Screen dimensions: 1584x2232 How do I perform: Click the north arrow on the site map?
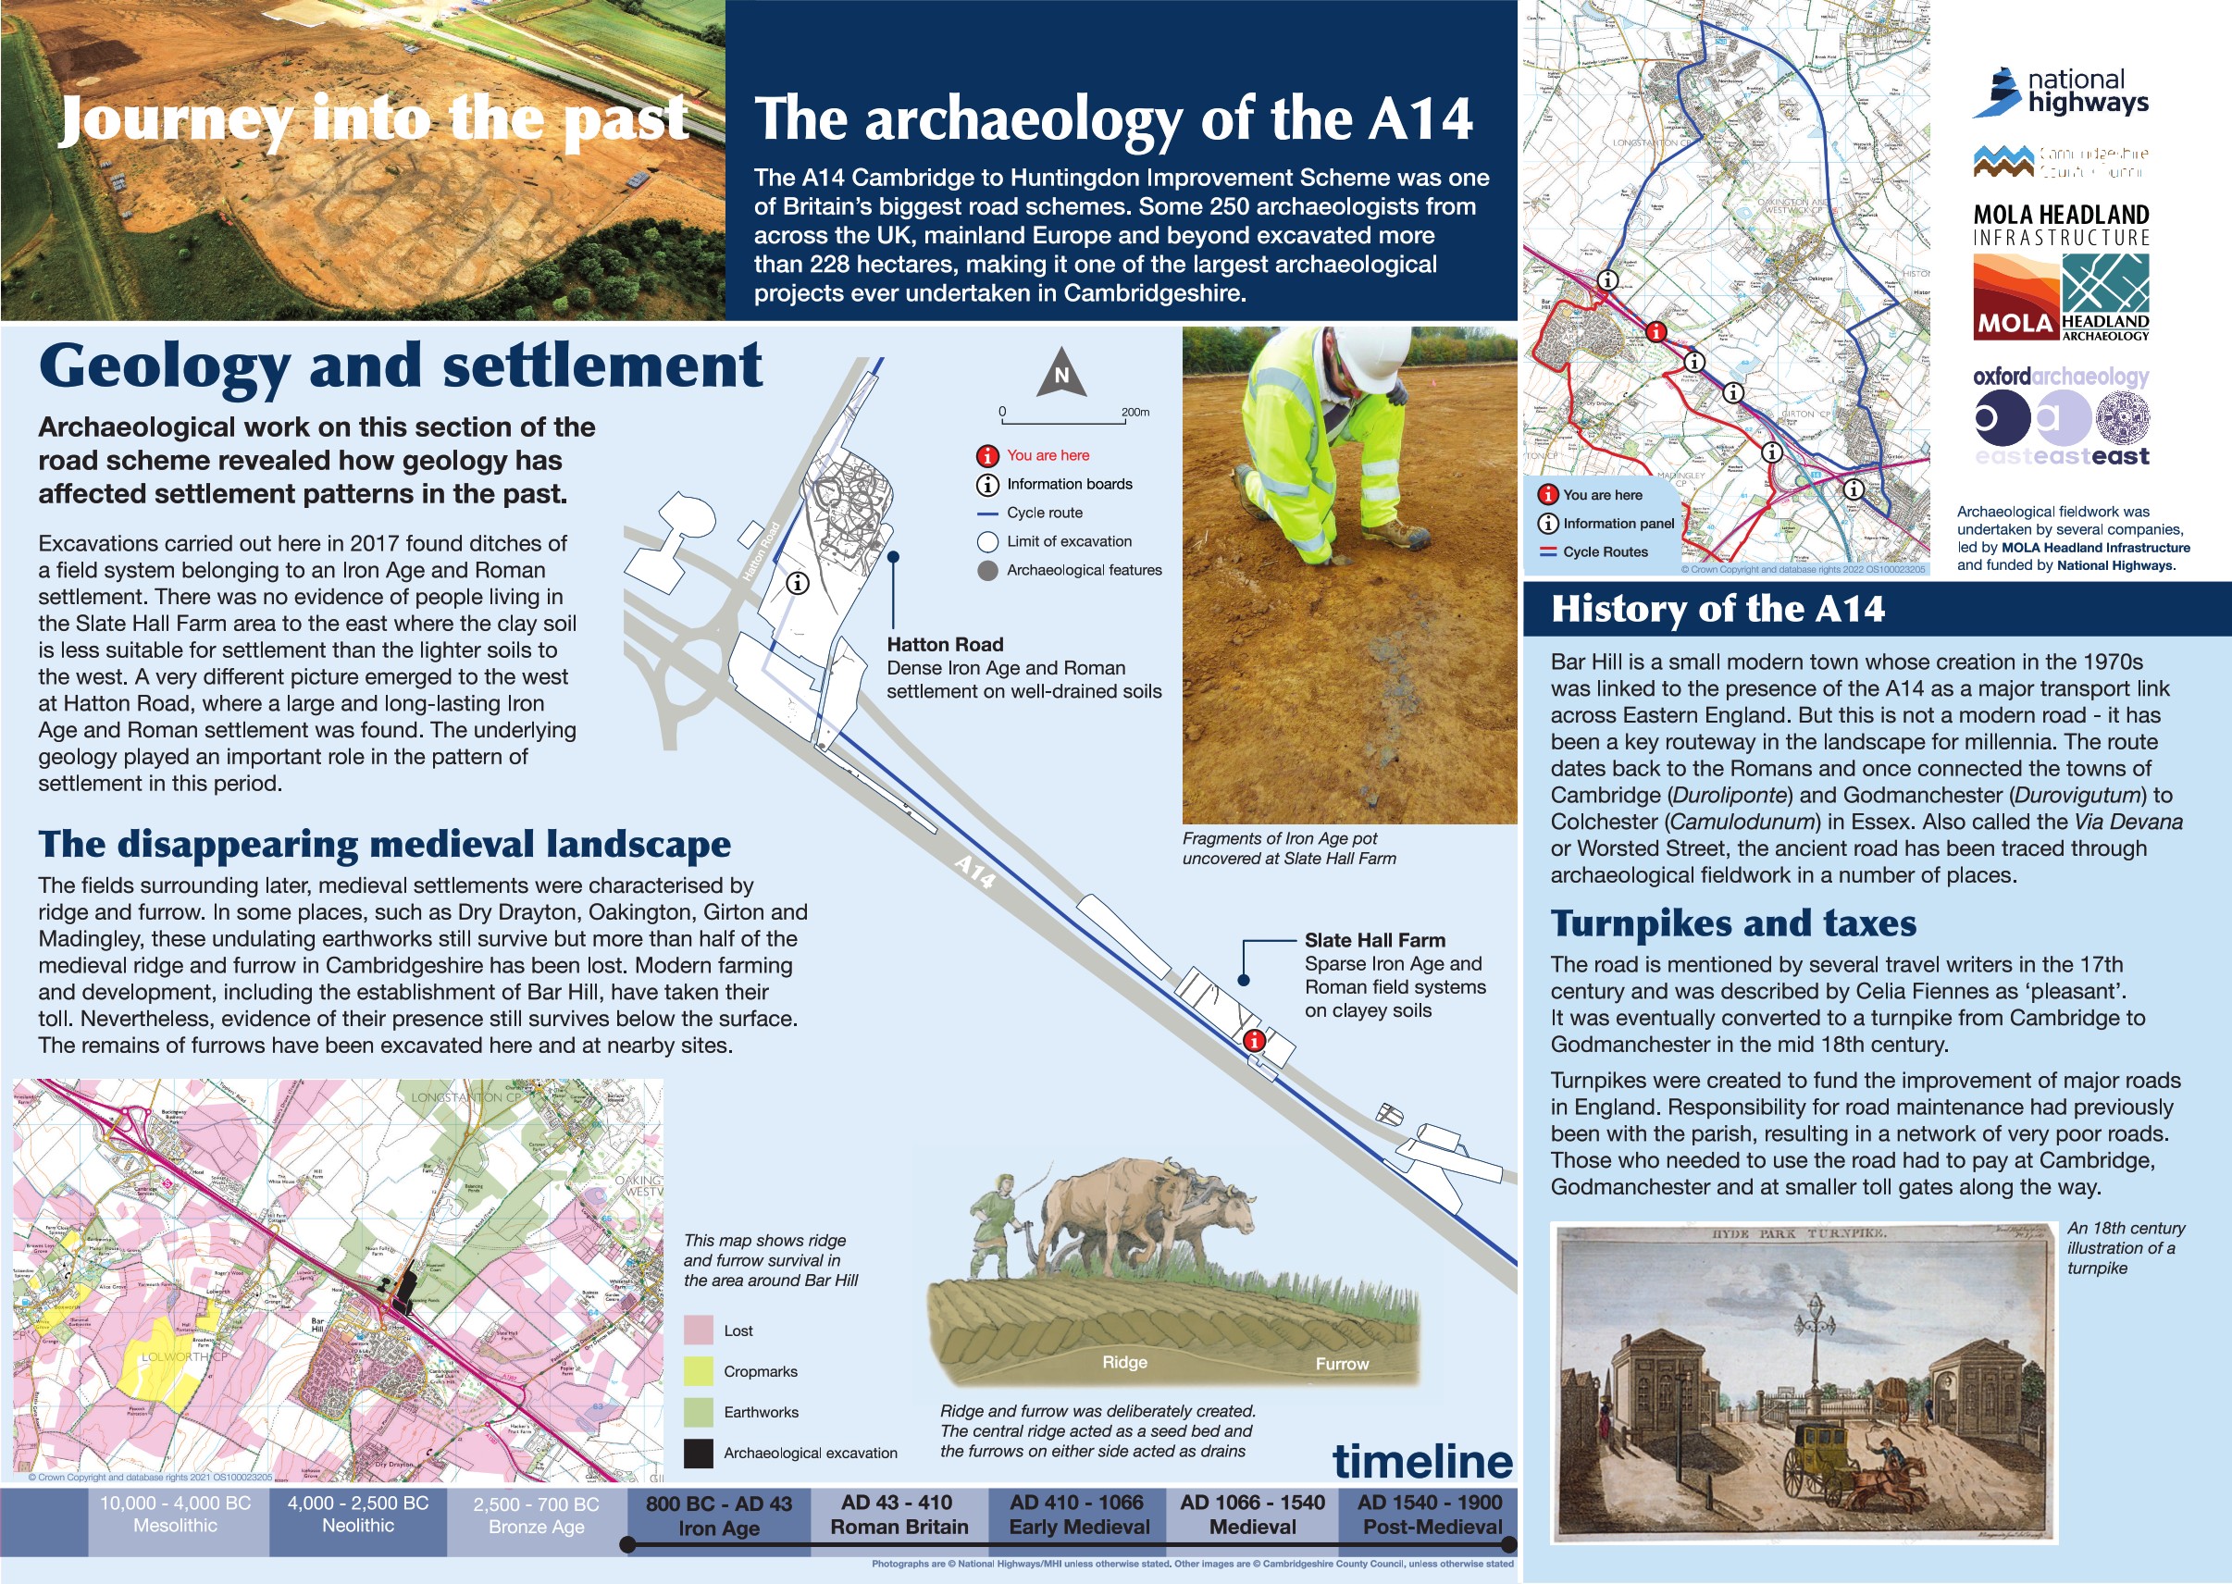(1061, 375)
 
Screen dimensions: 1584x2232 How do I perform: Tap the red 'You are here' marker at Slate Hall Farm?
(1255, 1041)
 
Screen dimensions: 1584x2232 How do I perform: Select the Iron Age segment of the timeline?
(718, 1516)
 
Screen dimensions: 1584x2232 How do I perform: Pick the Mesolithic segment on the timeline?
(176, 1515)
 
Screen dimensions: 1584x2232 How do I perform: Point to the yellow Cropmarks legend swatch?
(699, 1371)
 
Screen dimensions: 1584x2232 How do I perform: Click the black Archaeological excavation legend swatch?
(699, 1454)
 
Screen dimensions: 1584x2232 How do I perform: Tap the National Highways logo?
(2060, 93)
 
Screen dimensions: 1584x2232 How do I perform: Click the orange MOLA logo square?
(2015, 296)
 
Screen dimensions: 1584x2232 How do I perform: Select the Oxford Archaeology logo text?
(2060, 377)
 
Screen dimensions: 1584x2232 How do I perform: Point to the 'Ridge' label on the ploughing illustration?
(1124, 1363)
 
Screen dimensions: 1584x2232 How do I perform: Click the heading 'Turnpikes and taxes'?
(1733, 922)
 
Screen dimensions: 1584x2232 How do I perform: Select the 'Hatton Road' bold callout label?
(944, 645)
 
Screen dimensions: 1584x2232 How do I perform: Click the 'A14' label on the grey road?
(974, 871)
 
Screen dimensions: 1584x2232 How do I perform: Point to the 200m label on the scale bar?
(1135, 413)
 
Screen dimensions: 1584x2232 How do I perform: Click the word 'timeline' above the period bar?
(1422, 1461)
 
